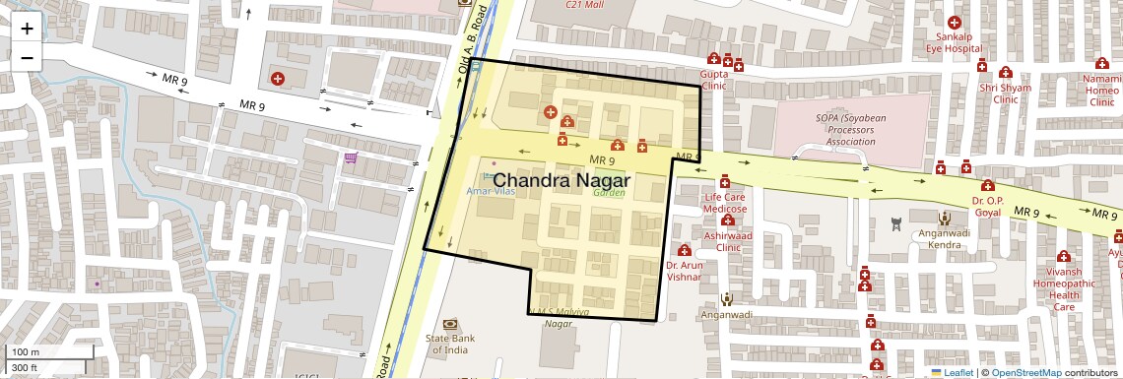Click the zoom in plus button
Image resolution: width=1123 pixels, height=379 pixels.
27,28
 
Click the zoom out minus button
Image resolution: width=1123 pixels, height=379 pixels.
27,57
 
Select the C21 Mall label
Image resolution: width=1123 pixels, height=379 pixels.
583,5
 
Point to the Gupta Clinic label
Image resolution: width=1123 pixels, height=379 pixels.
713,80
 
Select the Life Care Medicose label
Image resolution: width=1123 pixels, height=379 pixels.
725,203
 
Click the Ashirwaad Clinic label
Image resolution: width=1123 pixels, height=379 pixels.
721,242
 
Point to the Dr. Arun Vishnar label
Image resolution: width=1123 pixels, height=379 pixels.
683,271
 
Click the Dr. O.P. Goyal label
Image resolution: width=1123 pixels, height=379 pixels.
987,205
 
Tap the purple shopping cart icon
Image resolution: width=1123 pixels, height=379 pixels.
350,158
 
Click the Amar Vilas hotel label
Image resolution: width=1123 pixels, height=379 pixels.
490,191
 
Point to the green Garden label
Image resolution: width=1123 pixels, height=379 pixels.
609,193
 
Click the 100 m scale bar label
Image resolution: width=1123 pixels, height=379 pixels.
26,351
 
